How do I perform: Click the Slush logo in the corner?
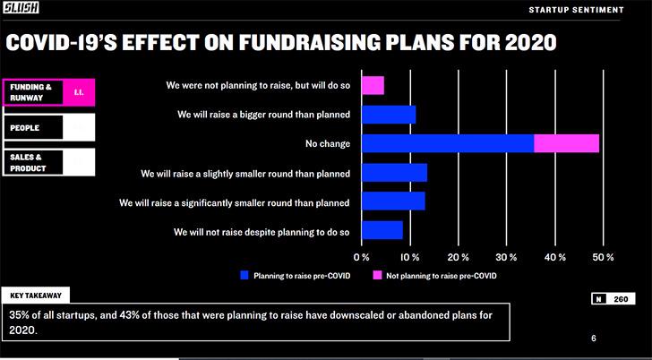(x=21, y=7)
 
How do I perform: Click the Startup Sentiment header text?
(x=577, y=10)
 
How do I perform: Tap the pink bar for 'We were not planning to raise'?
(x=373, y=85)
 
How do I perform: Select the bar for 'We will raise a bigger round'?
(x=389, y=115)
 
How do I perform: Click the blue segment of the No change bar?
(x=448, y=143)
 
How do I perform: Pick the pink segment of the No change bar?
(x=566, y=143)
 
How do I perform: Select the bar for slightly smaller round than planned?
(x=395, y=173)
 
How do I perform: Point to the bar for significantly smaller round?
(x=393, y=201)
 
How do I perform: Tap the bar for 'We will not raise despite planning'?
(x=382, y=230)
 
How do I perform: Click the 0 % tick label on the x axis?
(x=361, y=257)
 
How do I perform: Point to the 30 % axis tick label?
(x=506, y=257)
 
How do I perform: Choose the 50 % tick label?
(x=603, y=257)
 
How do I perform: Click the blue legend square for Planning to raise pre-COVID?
(x=244, y=275)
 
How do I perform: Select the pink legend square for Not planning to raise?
(x=377, y=275)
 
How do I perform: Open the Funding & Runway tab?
(x=48, y=92)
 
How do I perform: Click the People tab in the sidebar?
(x=48, y=127)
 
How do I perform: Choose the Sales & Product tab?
(x=48, y=162)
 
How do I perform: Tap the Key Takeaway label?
(x=36, y=296)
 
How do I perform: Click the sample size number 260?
(x=621, y=299)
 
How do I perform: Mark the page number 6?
(x=594, y=339)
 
